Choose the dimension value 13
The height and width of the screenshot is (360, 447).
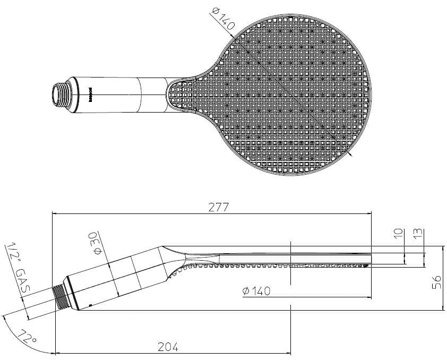[417, 235]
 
